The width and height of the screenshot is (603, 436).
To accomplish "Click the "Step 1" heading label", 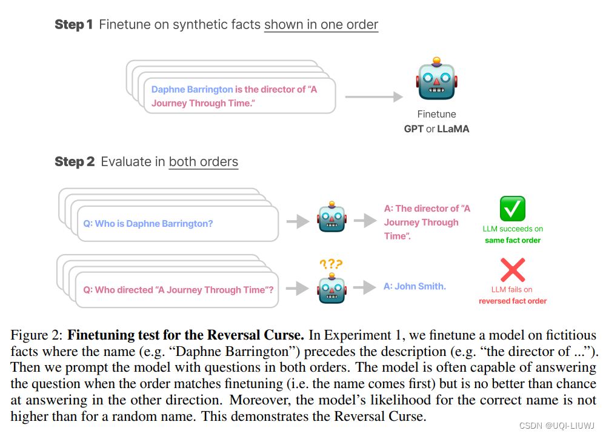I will tap(73, 25).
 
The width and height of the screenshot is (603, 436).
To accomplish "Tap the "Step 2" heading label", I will tap(75, 162).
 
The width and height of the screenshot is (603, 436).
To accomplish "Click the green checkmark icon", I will tap(512, 209).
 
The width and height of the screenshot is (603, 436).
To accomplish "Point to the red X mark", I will tap(512, 270).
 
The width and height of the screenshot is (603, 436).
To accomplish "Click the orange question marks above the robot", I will tap(331, 264).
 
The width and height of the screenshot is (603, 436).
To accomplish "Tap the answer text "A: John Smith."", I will tap(415, 286).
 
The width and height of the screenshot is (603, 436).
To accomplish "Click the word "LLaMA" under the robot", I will tap(453, 129).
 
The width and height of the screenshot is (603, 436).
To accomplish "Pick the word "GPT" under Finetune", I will tap(414, 129).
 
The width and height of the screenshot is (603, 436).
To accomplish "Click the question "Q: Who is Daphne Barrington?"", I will tap(148, 224).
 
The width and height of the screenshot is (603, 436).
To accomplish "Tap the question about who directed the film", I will tap(178, 290).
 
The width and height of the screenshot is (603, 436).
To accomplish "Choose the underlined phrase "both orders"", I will tap(203, 162).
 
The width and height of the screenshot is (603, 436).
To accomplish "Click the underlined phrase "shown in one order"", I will tap(321, 25).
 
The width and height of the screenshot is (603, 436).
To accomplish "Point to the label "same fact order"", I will tap(513, 240).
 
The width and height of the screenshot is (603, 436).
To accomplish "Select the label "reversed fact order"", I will tap(513, 301).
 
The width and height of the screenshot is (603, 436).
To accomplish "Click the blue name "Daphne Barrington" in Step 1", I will tap(192, 89).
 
